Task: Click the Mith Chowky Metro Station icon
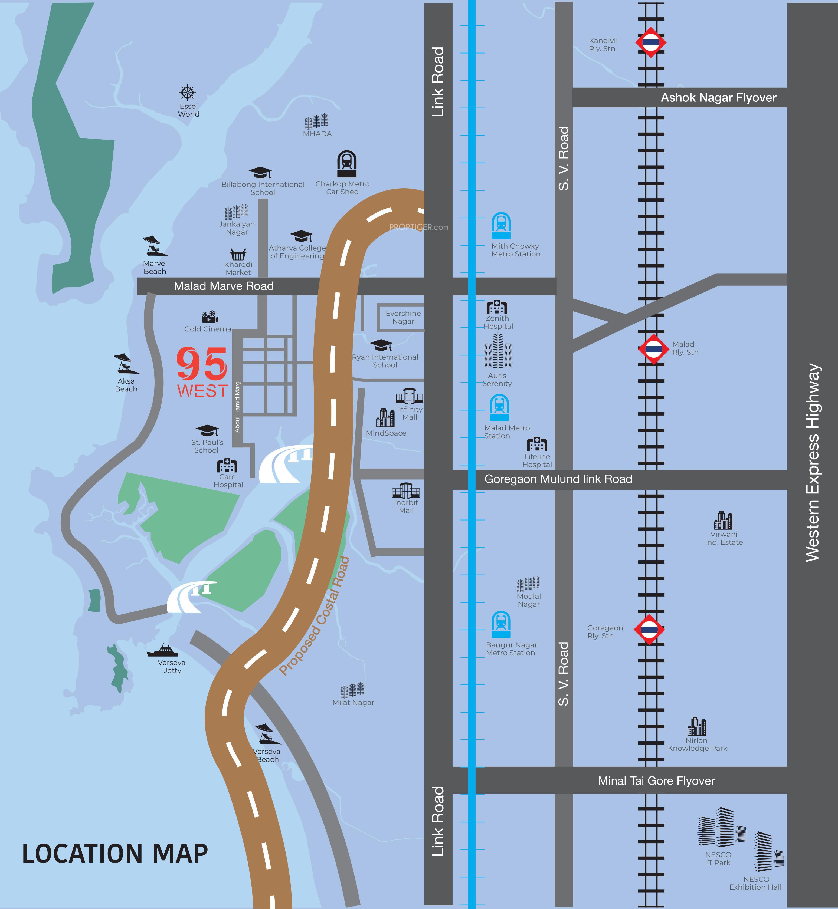(x=501, y=225)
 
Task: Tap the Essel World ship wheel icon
(x=187, y=93)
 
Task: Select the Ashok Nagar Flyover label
(x=718, y=97)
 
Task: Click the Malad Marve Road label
(x=224, y=286)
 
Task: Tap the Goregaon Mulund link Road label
(x=558, y=479)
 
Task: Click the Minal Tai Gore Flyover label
(x=656, y=781)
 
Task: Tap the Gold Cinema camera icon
(x=210, y=317)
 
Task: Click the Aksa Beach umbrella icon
(x=126, y=364)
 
